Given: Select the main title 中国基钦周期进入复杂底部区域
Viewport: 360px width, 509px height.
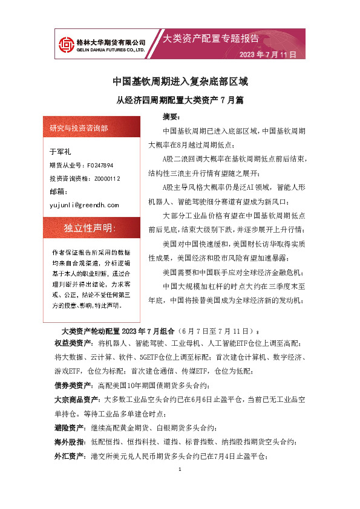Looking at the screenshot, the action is tap(180, 81).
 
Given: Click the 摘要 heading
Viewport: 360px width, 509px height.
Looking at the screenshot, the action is tap(171, 115).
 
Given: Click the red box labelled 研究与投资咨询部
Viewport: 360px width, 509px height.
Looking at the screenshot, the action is tap(79, 128).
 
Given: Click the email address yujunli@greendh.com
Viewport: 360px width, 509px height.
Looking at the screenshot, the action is tap(83, 206).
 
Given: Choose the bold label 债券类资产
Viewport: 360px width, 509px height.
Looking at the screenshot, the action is tap(73, 385).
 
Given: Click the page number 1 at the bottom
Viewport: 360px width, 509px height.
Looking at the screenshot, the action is tap(180, 470).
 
